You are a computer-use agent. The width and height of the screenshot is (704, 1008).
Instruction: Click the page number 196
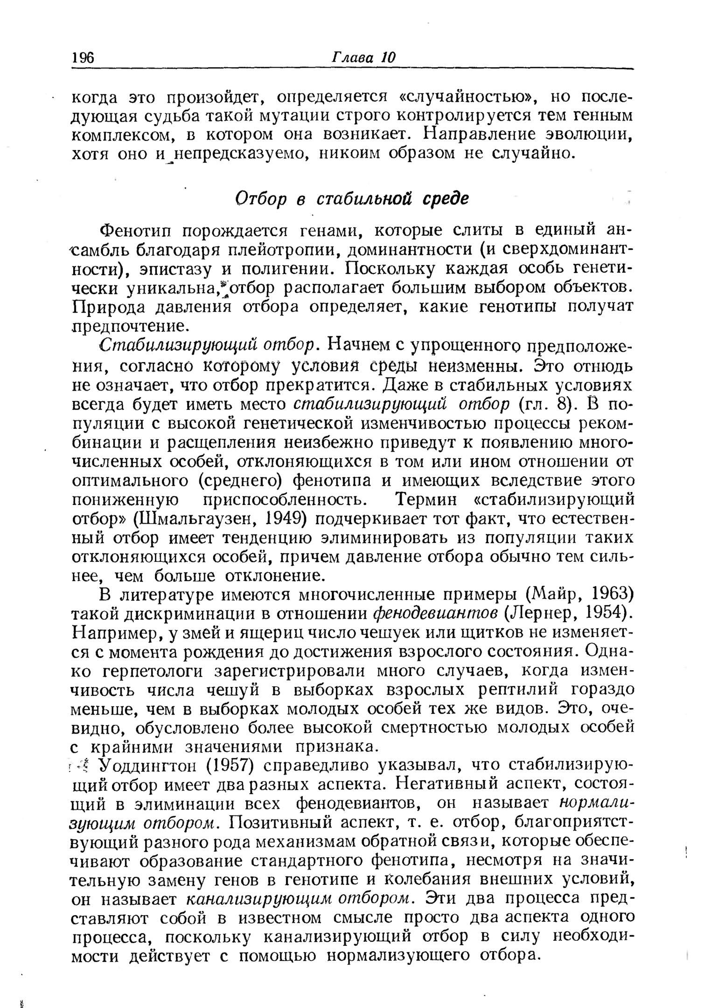84,58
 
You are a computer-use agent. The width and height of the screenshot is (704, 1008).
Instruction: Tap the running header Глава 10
363,57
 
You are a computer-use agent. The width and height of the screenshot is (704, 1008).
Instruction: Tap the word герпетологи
151,671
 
